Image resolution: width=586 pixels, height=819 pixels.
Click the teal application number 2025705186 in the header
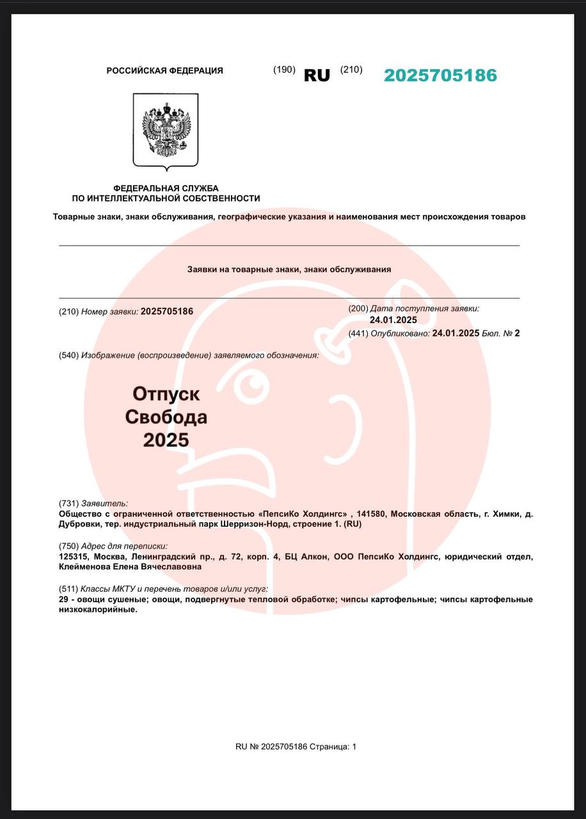click(x=440, y=76)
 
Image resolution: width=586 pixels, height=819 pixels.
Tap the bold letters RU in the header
click(x=317, y=76)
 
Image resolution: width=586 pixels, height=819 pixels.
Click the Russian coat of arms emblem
click(x=165, y=131)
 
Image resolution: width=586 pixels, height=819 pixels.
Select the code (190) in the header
click(x=284, y=70)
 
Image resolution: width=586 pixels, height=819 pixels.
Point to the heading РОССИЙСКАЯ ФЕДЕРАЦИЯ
click(x=164, y=71)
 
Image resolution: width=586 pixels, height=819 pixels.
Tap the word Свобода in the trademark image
click(x=166, y=417)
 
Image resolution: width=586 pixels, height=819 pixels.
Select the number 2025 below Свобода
click(x=166, y=440)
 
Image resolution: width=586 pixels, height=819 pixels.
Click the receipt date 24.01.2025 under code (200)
click(x=393, y=320)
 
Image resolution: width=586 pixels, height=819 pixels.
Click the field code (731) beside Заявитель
click(x=68, y=504)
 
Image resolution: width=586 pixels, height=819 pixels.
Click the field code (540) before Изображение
click(x=68, y=355)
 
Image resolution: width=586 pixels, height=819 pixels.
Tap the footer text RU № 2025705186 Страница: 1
click(x=296, y=747)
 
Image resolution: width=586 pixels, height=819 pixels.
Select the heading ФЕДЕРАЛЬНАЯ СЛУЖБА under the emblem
click(x=166, y=188)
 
